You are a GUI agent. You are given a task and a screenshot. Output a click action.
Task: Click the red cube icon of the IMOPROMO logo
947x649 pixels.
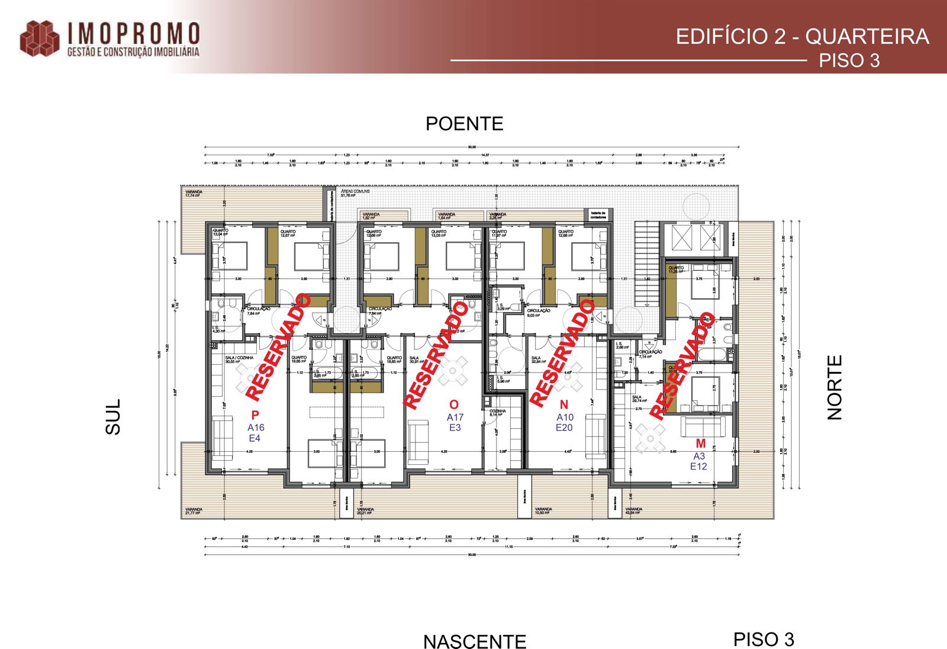[40, 39]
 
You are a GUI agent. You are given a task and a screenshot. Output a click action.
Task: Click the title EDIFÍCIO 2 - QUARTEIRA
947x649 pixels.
[802, 37]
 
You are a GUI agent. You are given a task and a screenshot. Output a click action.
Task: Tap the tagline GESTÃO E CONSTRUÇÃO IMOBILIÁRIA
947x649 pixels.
[133, 52]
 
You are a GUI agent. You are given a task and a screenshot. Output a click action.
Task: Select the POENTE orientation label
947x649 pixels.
[464, 124]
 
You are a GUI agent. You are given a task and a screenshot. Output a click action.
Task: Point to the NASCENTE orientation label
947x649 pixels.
[474, 641]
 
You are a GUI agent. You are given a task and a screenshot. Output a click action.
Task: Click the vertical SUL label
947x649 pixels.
[113, 416]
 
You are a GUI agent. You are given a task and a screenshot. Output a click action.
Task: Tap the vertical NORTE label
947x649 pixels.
[834, 387]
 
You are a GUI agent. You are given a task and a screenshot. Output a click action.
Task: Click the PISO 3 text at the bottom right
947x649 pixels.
[764, 640]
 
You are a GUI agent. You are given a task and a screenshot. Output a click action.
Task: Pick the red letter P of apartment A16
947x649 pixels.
[255, 415]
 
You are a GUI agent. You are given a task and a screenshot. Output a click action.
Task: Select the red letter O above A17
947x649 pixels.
[454, 404]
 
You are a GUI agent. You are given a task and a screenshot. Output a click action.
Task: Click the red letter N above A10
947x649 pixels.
[563, 404]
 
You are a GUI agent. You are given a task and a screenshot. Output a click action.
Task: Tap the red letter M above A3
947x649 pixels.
[701, 444]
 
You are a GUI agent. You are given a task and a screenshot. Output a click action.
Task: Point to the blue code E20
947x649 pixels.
[564, 428]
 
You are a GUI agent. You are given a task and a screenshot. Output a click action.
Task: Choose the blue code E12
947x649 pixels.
[698, 466]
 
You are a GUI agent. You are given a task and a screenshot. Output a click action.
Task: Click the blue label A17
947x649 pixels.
[455, 417]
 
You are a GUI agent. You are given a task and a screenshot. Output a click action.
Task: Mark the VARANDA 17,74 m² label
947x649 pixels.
[194, 194]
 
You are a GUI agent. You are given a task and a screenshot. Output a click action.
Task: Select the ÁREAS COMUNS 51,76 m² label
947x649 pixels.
[355, 193]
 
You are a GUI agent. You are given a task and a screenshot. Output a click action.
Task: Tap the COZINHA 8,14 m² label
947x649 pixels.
[497, 413]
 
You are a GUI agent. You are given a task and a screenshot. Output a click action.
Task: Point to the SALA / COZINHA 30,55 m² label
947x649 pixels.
[239, 359]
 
